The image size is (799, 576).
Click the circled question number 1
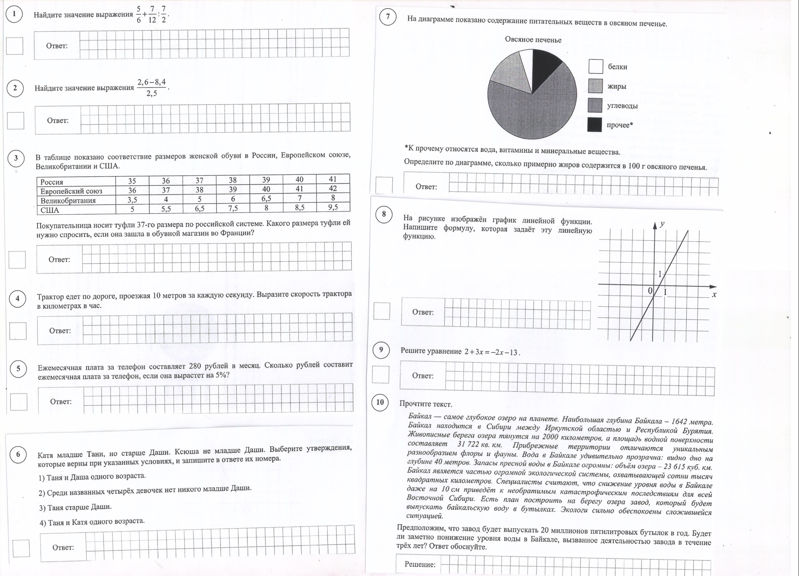pyautogui.click(x=14, y=14)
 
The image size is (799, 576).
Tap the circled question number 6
pyautogui.click(x=18, y=455)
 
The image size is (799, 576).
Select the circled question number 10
pyautogui.click(x=380, y=402)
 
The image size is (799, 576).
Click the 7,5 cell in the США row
pyautogui.click(x=233, y=208)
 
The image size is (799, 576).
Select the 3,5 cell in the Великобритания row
pyautogui.click(x=132, y=200)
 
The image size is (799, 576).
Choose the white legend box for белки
pyautogui.click(x=595, y=66)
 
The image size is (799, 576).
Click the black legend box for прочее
pyautogui.click(x=594, y=125)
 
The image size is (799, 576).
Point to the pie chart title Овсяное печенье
pyautogui.click(x=533, y=39)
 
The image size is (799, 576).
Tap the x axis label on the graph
pyautogui.click(x=714, y=295)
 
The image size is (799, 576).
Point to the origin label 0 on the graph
pyautogui.click(x=650, y=291)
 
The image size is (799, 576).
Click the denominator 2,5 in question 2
pyautogui.click(x=152, y=93)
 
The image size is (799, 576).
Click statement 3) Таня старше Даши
pyautogui.click(x=75, y=507)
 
